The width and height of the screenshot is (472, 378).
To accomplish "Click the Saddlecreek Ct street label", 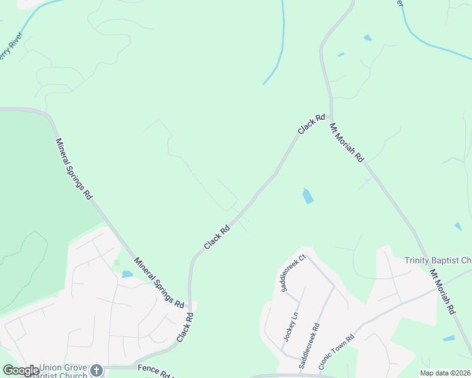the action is point(293,273).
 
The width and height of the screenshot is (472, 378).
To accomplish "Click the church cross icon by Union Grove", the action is point(96,370).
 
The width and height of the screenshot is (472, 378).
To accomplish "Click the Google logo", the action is point(21,370).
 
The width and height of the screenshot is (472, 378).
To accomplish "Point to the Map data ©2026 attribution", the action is point(444,373).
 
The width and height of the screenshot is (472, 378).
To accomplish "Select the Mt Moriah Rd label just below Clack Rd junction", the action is point(346,143).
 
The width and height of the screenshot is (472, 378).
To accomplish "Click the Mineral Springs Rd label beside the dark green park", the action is point(74,169).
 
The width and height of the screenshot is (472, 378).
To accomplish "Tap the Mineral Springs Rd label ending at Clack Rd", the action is point(158,282).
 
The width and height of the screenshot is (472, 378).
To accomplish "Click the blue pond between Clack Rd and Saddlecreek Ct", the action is point(307,196).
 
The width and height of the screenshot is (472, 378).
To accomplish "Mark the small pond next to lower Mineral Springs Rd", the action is point(127,274).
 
